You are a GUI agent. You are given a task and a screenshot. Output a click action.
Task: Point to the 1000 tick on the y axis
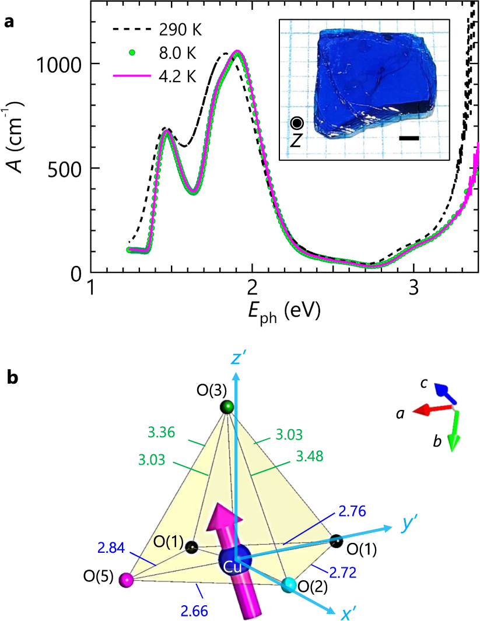(x=61, y=64)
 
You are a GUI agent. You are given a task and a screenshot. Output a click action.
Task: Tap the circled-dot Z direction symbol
(x=297, y=123)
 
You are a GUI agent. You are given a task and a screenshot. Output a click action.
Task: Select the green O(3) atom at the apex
(x=227, y=406)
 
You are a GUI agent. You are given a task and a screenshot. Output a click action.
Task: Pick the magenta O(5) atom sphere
(x=125, y=580)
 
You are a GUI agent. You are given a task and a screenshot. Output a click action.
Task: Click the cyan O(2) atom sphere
(x=288, y=585)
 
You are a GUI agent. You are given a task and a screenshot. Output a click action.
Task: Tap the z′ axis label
(x=236, y=358)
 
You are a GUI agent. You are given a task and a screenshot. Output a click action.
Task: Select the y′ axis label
(x=412, y=525)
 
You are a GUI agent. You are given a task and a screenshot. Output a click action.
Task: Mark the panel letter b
(x=12, y=378)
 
